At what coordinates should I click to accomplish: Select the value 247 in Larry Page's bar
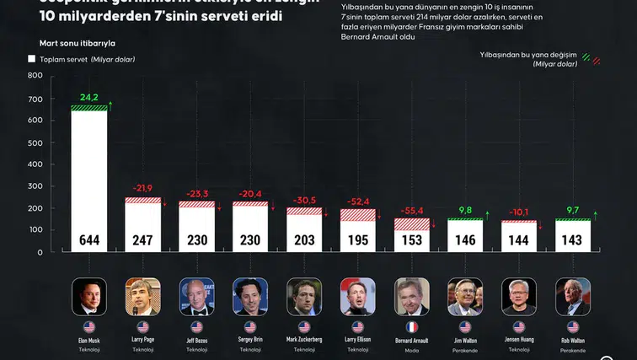coord(142,240)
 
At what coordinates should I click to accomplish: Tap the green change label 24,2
coord(88,97)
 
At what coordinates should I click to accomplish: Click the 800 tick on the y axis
coord(35,76)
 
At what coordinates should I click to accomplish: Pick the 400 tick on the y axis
coord(35,164)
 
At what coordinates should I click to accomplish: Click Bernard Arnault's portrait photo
coord(411,296)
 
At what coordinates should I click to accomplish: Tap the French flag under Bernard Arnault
coord(411,326)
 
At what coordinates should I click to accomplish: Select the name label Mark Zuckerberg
coord(304,340)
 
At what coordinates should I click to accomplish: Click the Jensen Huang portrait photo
coord(519,296)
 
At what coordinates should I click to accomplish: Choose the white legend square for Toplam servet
coord(31,59)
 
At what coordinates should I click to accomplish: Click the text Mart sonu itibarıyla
coord(77,42)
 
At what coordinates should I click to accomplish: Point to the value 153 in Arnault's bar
coord(411,240)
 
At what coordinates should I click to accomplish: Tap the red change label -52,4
coord(357,201)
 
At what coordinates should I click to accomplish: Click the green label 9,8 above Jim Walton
coord(465,210)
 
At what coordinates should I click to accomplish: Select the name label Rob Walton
coord(573,340)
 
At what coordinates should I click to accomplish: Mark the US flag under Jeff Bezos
coord(196,326)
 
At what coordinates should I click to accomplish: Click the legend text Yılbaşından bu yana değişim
coord(530,56)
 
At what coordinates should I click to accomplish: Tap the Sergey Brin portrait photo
coord(250,296)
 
